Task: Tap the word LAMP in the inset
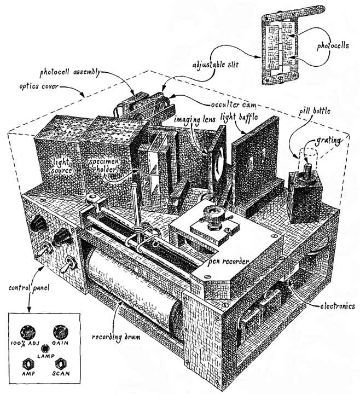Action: coord(43,355)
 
